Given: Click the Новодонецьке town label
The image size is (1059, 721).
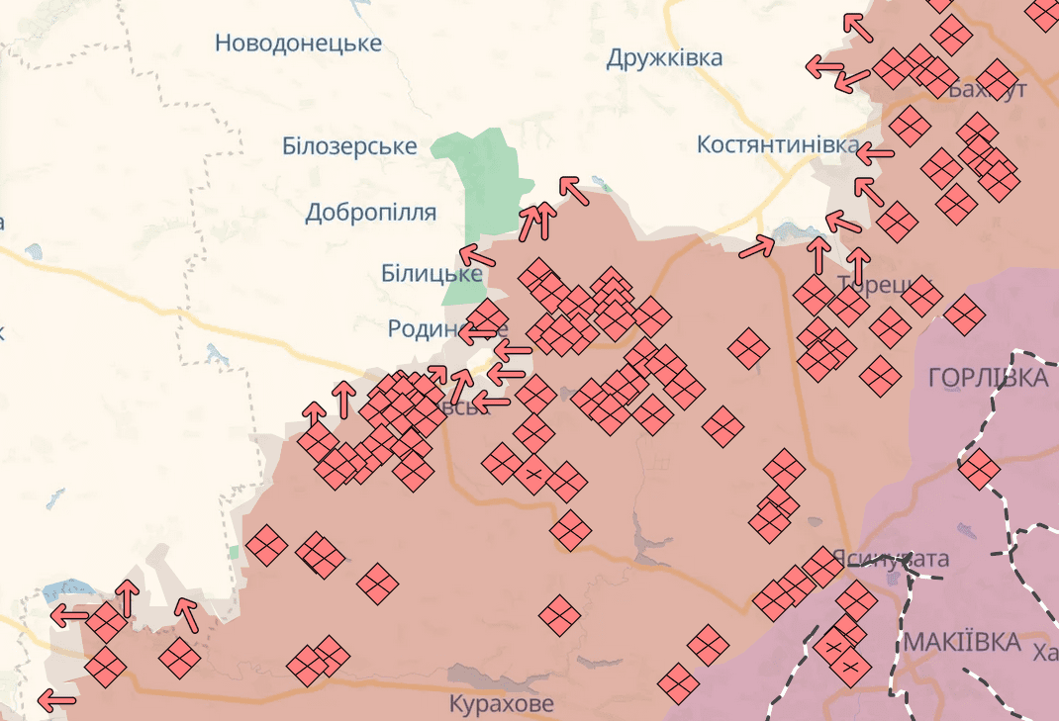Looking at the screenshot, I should click(x=298, y=44).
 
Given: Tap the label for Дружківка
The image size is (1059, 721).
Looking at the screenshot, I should click(x=664, y=58).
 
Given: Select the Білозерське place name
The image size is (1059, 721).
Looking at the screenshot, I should click(x=349, y=146).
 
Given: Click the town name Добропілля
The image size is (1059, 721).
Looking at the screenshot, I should click(x=371, y=213).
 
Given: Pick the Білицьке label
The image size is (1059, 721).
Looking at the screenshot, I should click(x=432, y=274).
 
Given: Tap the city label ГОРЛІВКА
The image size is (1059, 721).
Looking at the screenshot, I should click(x=988, y=377).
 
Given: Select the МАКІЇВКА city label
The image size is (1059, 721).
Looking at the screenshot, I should click(x=961, y=643).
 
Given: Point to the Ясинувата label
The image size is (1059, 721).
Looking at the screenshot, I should click(x=890, y=559).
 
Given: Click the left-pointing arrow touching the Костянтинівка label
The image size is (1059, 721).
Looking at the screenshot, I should click(x=874, y=154).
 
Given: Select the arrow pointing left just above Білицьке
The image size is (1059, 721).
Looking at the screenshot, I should click(x=478, y=256).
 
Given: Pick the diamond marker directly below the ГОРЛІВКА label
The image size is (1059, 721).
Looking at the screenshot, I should click(x=978, y=469).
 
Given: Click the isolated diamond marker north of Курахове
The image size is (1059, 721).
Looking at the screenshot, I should click(x=559, y=614).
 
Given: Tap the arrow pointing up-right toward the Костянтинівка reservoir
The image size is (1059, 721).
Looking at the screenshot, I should click(x=757, y=247).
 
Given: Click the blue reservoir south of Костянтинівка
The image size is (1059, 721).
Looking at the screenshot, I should click(x=795, y=232).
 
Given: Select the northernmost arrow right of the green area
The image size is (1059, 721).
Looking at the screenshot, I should click(x=573, y=190).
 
